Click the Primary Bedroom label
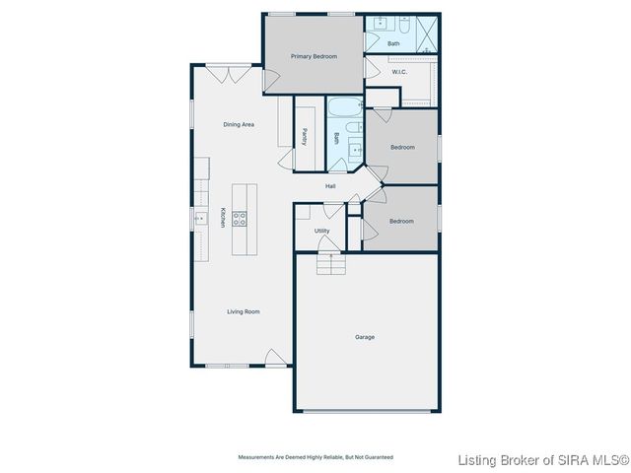click(314, 56)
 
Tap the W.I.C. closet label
click(399, 71)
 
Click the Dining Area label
click(239, 124)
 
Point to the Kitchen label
click(223, 218)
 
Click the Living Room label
click(244, 311)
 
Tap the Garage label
click(365, 337)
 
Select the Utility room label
click(322, 231)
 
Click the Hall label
click(332, 185)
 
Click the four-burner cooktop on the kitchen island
click(240, 220)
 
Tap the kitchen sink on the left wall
click(198, 220)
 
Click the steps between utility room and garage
click(331, 264)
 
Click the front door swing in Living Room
click(276, 357)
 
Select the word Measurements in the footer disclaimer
click(257, 457)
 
